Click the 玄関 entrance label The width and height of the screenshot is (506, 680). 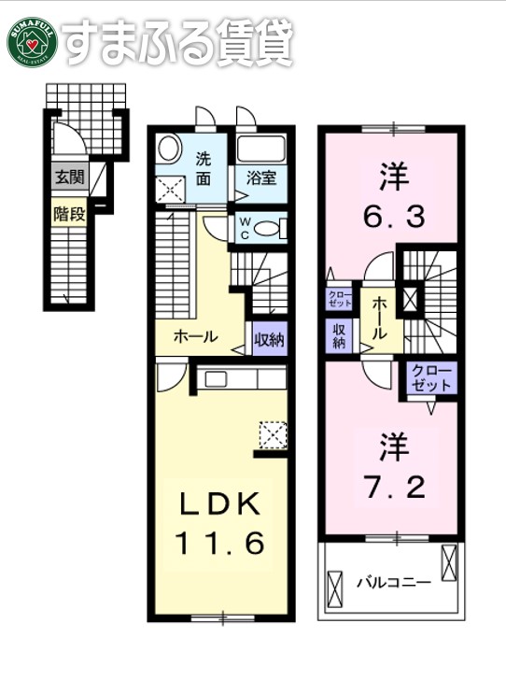click(67, 177)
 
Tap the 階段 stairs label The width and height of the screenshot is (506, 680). click(68, 213)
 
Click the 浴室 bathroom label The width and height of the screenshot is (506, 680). click(260, 177)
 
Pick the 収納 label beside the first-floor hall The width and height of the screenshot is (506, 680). click(269, 338)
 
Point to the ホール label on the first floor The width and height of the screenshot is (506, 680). click(195, 336)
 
